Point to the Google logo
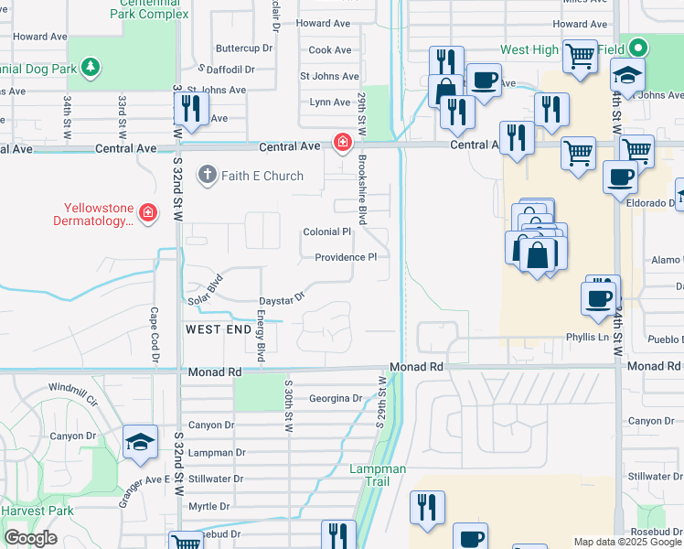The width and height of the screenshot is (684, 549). coord(30,538)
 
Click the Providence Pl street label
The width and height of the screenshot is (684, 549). coord(346,258)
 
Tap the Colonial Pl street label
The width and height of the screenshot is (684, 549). coord(327,232)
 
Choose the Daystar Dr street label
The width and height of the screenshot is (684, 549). coord(281,299)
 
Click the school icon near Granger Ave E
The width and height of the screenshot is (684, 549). coord(140,443)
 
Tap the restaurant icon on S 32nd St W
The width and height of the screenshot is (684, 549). coord(191,109)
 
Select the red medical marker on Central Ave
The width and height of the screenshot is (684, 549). coord(342,143)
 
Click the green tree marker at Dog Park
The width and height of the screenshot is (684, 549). coord(90,67)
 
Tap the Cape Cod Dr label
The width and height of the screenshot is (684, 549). coord(154,321)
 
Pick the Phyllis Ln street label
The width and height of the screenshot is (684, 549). coord(590,337)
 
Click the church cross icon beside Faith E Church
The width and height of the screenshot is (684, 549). coord(208,175)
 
